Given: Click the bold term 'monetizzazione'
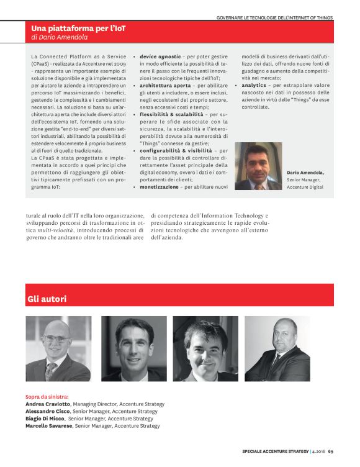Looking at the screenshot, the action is [x=162, y=187].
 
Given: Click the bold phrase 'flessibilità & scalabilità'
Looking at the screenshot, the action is [x=171, y=114].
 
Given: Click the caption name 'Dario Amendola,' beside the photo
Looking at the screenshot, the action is [x=305, y=172].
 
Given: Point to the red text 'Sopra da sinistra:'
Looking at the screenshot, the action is [x=47, y=396].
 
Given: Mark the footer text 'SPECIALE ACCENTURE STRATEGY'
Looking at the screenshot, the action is [x=274, y=451].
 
